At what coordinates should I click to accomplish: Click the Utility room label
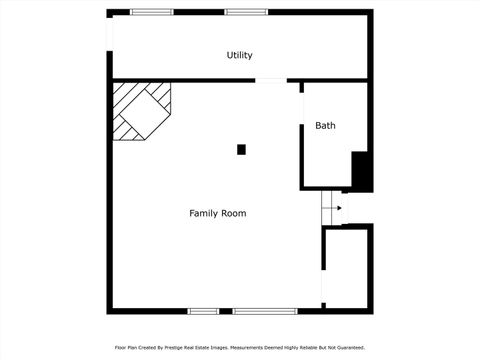(x=239, y=56)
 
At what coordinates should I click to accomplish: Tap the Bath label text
(x=325, y=126)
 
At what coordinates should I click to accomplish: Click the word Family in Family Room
(x=204, y=213)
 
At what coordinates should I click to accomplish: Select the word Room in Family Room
(x=234, y=213)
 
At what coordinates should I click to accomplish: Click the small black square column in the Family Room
(x=241, y=150)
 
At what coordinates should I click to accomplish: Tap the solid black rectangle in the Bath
(x=362, y=171)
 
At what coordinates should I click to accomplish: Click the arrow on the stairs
(x=338, y=208)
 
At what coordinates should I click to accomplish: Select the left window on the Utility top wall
(x=151, y=12)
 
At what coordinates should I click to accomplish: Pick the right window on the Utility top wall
(x=245, y=12)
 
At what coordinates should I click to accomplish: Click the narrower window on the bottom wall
(x=203, y=311)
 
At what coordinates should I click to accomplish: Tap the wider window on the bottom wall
(x=265, y=311)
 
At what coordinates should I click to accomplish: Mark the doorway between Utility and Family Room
(x=270, y=80)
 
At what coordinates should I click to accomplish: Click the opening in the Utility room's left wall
(x=110, y=45)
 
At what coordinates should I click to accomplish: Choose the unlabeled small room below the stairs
(x=347, y=267)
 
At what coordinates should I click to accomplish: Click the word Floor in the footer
(x=120, y=347)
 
